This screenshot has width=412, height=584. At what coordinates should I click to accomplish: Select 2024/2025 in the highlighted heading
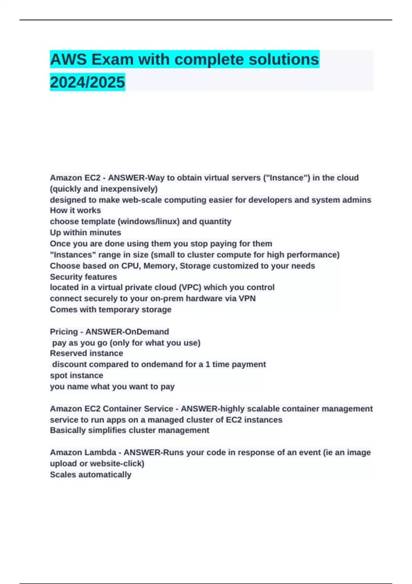tap(87, 82)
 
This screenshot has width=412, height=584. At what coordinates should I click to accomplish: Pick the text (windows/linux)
tap(149, 222)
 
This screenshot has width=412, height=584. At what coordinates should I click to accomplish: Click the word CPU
tap(130, 266)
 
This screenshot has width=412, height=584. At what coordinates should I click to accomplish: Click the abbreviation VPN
tap(247, 299)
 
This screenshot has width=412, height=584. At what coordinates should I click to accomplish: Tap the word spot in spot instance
tap(58, 375)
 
